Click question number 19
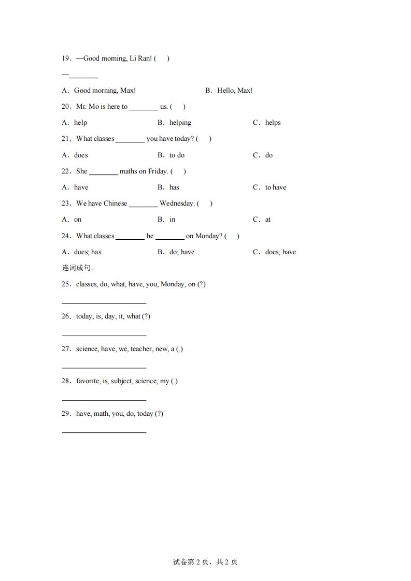(66, 59)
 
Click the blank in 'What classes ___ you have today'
(130, 139)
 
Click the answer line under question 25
(104, 303)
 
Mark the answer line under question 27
(104, 368)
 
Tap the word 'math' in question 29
(101, 414)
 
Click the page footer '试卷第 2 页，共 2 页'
(205, 562)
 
